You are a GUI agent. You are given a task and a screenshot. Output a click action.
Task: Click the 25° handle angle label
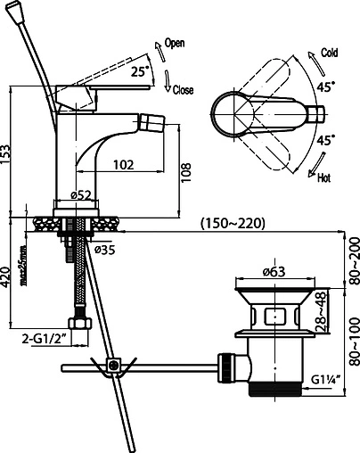tap(140, 71)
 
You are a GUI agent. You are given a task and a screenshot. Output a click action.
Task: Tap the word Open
tap(175, 43)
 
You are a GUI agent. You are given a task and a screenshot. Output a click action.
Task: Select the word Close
tap(183, 90)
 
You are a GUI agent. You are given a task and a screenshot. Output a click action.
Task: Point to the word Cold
tap(330, 53)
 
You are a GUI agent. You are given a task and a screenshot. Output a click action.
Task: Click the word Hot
tap(323, 178)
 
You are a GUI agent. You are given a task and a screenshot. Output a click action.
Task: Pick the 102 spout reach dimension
tap(124, 164)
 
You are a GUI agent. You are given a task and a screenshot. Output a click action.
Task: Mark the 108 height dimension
tap(186, 173)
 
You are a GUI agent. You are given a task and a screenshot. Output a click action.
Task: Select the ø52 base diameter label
tap(81, 195)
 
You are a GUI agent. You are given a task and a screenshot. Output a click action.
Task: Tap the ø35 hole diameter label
tap(104, 250)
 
